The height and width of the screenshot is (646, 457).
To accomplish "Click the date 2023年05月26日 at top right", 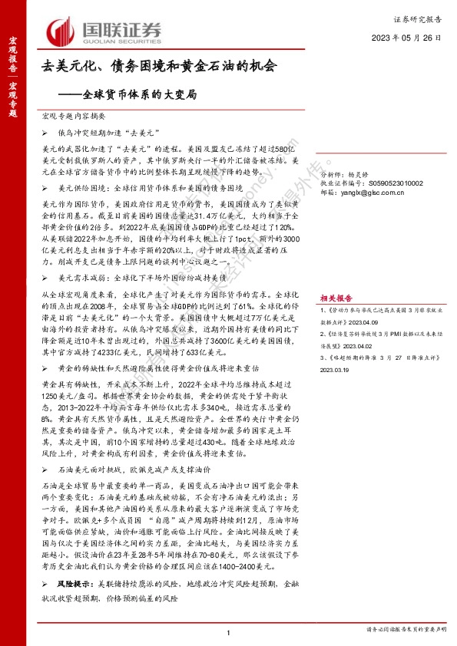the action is [406, 37].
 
